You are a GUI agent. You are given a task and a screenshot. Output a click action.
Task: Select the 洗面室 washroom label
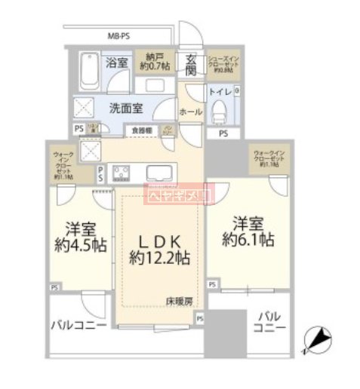pos(129,107)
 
